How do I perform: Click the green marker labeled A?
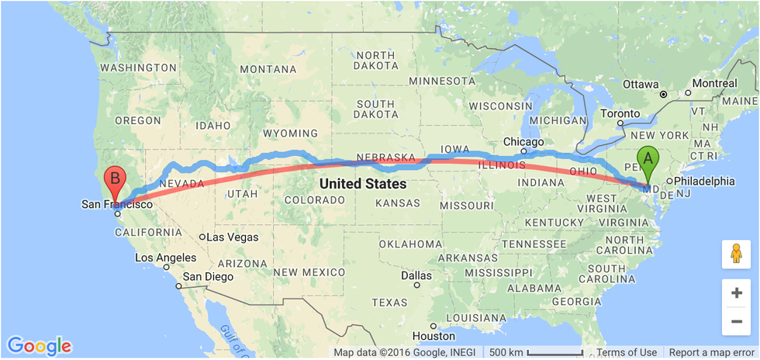point(648,161)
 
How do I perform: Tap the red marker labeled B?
point(115,179)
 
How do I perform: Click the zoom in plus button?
point(735,293)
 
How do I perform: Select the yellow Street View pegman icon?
point(735,254)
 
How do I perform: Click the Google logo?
point(39,346)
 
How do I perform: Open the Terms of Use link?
point(627,352)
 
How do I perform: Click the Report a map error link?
point(711,352)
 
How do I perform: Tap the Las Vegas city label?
point(231,237)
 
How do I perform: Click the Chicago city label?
point(523,142)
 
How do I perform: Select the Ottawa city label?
point(640,84)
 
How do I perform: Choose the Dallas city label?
point(416,275)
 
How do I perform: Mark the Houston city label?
point(434,336)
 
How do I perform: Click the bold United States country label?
point(363,184)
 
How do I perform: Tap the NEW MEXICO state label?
point(309,272)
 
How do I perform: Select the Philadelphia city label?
point(704,182)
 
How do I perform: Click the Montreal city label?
point(714,83)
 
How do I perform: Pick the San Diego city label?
point(208,277)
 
